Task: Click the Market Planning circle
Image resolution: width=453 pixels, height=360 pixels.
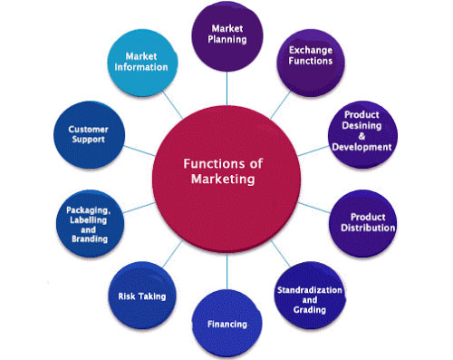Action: pyautogui.click(x=226, y=34)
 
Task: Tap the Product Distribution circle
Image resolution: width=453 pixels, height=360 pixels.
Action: pyautogui.click(x=361, y=222)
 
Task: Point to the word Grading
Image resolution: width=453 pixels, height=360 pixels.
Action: pyautogui.click(x=310, y=309)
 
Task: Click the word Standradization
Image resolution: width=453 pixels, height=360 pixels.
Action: pyautogui.click(x=310, y=289)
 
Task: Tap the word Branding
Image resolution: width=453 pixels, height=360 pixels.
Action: pyautogui.click(x=88, y=239)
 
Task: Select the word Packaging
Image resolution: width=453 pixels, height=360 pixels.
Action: pyautogui.click(x=88, y=209)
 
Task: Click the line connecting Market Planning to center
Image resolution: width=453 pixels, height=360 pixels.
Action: pyautogui.click(x=226, y=83)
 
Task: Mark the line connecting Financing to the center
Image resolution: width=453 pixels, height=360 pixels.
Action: pyautogui.click(x=226, y=272)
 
